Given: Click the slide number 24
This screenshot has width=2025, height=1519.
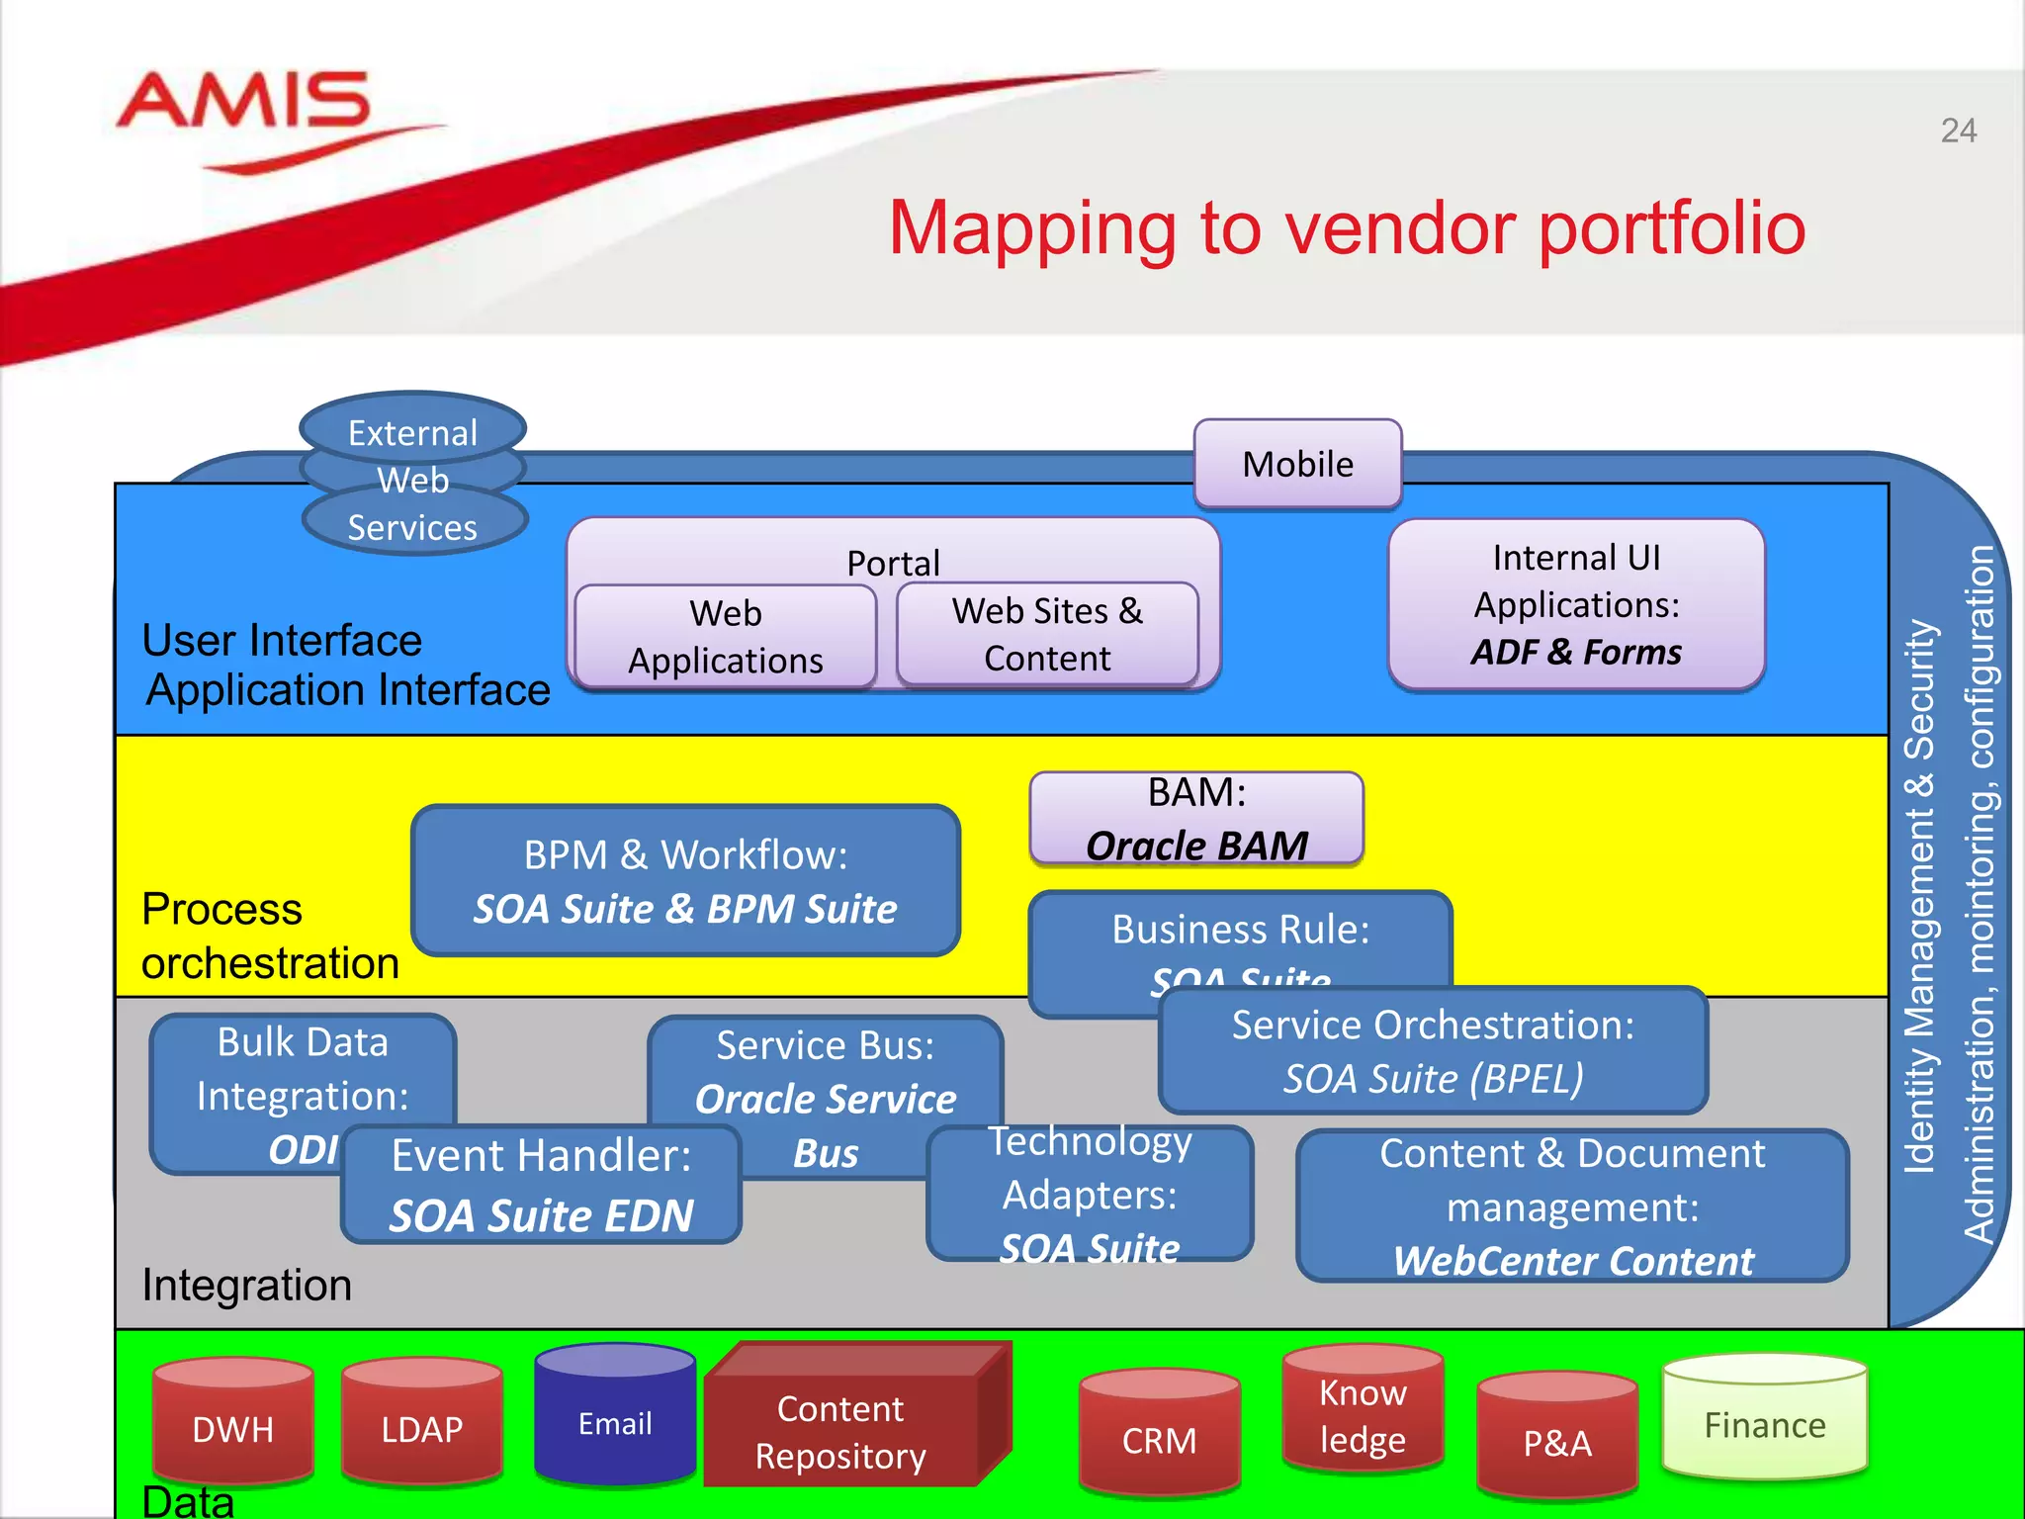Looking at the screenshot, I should pos(1958,131).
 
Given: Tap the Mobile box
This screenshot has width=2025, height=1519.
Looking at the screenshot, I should pos(1297,464).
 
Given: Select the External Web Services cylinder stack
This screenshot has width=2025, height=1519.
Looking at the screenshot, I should pos(413,480).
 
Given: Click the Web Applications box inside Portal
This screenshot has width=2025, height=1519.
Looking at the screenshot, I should pos(726,637).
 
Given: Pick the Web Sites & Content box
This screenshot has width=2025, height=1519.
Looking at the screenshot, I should pos(1047,635).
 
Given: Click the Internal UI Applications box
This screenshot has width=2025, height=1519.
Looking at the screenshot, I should pos(1576,604).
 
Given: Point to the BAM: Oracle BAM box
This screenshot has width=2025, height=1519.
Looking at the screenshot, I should pos(1196,819).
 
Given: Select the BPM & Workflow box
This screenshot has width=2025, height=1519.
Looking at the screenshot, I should pos(685,881).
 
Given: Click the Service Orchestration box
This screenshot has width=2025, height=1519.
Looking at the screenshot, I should pos(1433,1051).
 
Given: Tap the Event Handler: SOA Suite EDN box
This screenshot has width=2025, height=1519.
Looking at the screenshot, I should pos(541,1185).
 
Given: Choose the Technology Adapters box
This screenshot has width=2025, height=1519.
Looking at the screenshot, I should pos(1090,1195).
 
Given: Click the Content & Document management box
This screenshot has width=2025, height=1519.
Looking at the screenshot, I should pos(1572,1206).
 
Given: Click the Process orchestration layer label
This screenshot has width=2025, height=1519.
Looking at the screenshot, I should pos(269,936).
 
